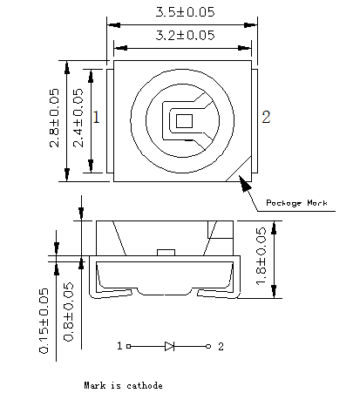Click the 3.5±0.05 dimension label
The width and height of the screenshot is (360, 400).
click(185, 12)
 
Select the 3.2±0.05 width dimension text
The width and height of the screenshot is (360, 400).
click(185, 35)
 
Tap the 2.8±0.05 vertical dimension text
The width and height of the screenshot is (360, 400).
click(54, 118)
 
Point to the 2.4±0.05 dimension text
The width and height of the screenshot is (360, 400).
click(78, 118)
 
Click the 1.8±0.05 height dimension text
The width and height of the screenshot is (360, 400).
click(261, 255)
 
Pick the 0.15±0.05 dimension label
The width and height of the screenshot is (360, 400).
click(44, 321)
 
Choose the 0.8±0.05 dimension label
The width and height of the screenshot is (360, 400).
click(69, 311)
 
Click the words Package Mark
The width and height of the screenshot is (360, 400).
click(296, 202)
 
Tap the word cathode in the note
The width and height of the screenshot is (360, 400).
click(145, 385)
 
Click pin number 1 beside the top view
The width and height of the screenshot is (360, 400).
click(97, 117)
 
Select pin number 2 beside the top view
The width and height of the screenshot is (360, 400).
click(266, 117)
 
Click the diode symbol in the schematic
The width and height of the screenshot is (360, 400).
click(169, 346)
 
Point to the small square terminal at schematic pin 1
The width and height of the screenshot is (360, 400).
click(129, 346)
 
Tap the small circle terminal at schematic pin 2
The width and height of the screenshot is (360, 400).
click(208, 346)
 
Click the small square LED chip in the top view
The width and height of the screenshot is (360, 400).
click(184, 121)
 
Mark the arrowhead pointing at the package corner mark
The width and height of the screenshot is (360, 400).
click(245, 183)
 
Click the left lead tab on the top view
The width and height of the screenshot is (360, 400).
click(110, 121)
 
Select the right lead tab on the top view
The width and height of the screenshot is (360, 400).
click(255, 121)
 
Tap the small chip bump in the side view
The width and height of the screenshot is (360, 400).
click(166, 253)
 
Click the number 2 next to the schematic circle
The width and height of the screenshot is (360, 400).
click(221, 346)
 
